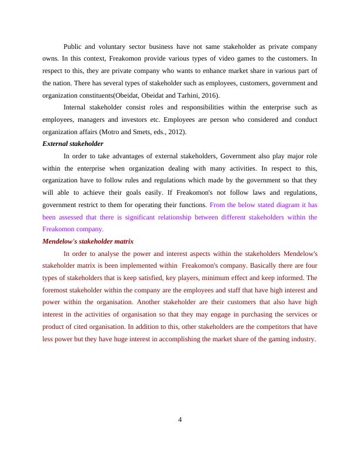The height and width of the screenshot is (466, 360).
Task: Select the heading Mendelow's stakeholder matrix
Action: (88, 242)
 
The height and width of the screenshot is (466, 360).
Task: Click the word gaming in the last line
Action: (276, 339)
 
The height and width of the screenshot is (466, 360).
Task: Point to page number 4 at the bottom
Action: (180, 420)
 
